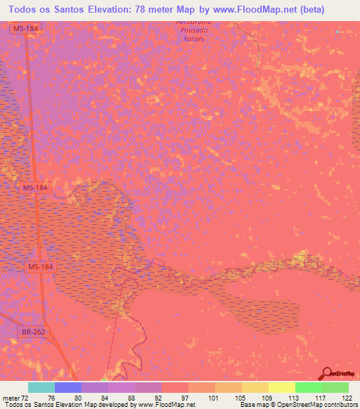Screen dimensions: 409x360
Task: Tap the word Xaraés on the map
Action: (x=193, y=40)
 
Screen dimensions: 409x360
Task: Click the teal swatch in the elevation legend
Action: (x=41, y=387)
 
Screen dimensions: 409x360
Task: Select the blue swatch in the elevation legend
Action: (x=68, y=387)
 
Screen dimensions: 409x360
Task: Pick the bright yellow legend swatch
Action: (x=282, y=387)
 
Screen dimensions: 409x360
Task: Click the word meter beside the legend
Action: (x=9, y=398)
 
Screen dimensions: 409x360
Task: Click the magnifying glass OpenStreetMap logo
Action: (x=328, y=372)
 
